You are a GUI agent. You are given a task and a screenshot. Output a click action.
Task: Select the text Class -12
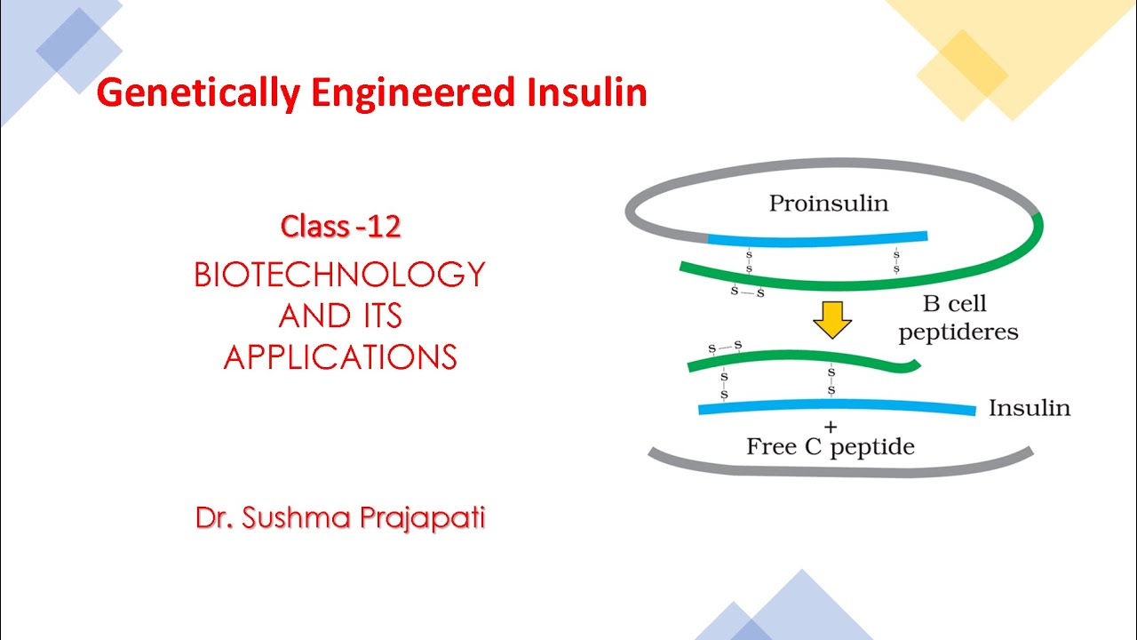click(x=340, y=227)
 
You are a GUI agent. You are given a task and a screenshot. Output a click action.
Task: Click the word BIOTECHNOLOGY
click(x=340, y=275)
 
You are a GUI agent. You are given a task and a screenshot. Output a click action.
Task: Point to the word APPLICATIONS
click(x=340, y=357)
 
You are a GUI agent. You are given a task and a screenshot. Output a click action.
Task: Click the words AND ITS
click(x=340, y=316)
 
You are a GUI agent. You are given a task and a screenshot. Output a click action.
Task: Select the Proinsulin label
click(x=828, y=204)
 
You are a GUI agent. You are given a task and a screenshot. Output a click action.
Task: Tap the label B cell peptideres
click(x=958, y=318)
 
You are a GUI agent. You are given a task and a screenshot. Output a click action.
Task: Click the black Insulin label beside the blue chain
click(x=1029, y=408)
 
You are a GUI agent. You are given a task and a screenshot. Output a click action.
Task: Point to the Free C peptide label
click(x=830, y=446)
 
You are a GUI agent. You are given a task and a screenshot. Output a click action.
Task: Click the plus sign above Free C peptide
click(x=831, y=428)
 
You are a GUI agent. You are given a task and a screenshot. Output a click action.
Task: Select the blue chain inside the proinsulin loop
click(x=817, y=238)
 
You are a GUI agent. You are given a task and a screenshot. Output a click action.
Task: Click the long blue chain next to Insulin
click(x=835, y=408)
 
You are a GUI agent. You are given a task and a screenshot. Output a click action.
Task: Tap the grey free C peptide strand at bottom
click(x=839, y=468)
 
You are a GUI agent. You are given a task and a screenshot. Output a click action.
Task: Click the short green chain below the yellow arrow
click(x=799, y=357)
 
